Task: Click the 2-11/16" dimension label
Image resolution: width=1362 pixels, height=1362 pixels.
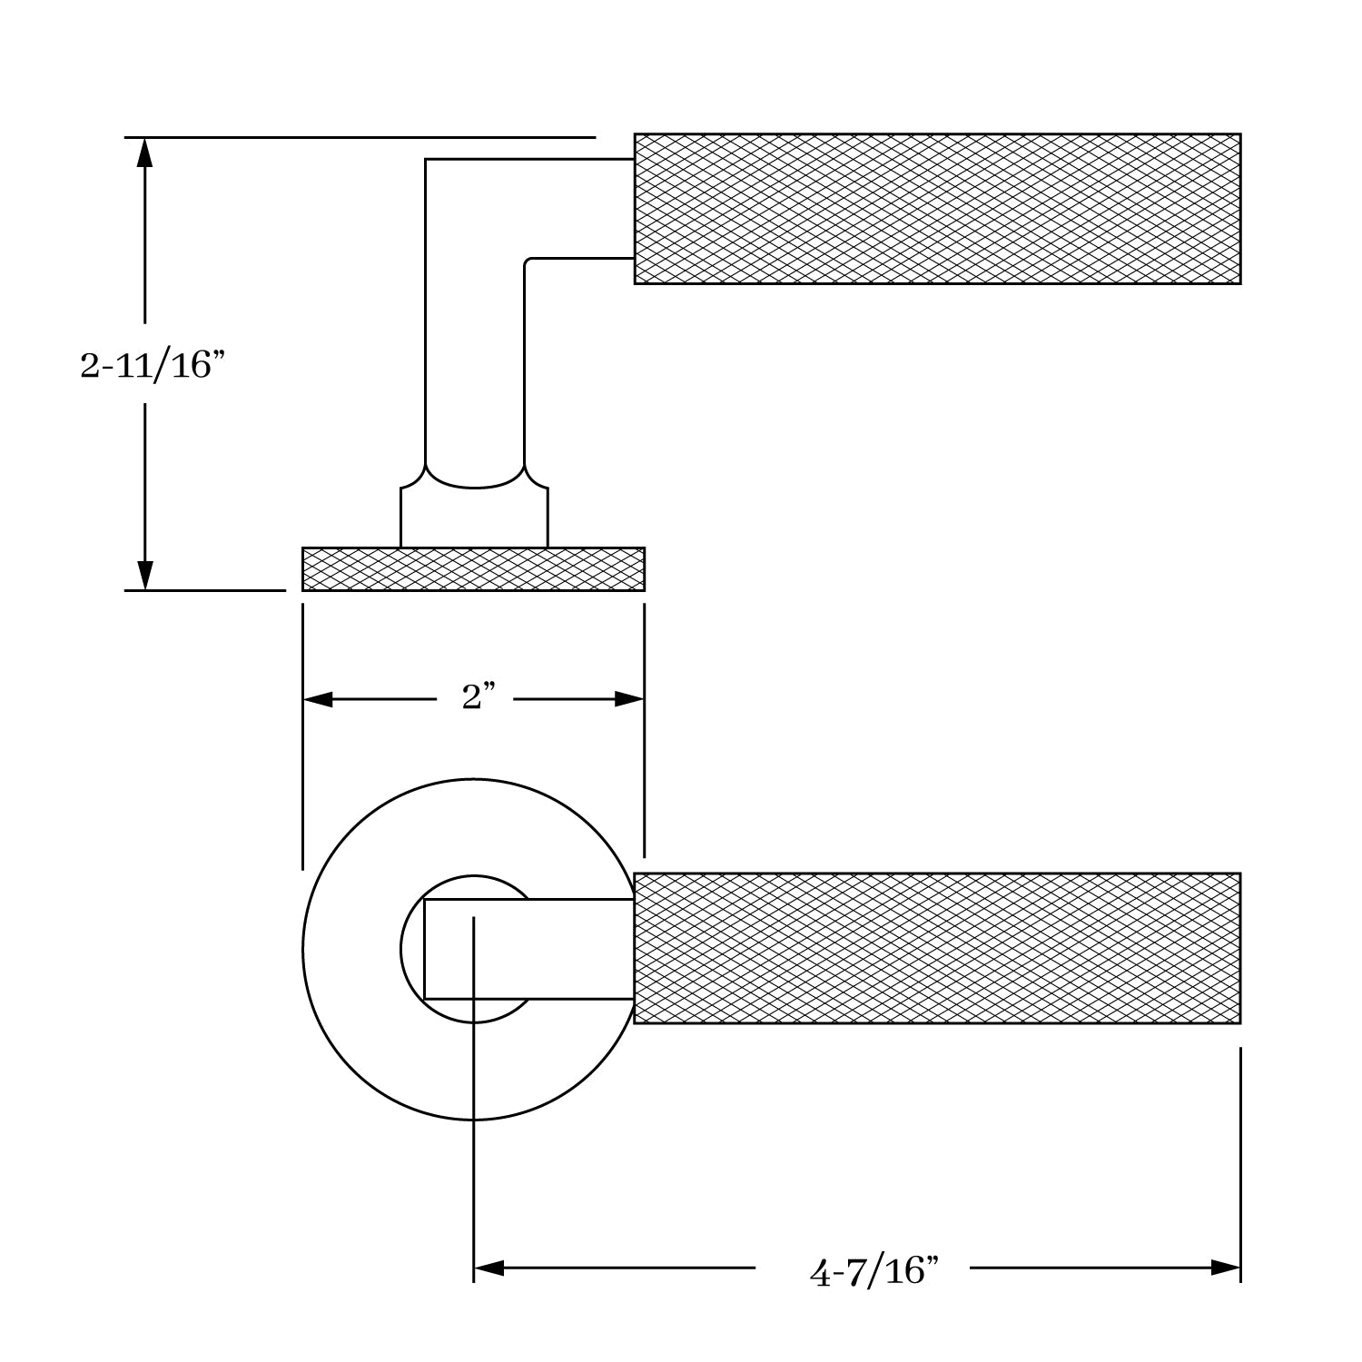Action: coord(151,365)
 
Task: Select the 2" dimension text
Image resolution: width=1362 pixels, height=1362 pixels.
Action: coord(478,697)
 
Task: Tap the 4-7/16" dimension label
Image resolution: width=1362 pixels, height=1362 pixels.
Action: coord(873,1270)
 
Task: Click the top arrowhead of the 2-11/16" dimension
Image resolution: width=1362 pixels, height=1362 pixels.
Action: coord(143,152)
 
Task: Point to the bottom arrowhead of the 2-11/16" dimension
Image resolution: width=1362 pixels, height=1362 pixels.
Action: coord(143,575)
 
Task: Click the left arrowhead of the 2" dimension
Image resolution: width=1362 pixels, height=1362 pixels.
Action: coord(318,699)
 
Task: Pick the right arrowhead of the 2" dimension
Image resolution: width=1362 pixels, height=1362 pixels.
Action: coord(629,699)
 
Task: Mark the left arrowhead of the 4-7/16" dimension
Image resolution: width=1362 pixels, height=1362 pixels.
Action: coord(489,1268)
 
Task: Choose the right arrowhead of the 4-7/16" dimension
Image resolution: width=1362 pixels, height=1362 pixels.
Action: coord(1226,1268)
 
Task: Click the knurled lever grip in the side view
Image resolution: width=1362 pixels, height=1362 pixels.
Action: coord(937,209)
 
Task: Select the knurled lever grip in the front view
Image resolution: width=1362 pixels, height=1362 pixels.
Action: coord(937,948)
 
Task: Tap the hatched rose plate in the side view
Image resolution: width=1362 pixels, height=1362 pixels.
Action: coord(473,569)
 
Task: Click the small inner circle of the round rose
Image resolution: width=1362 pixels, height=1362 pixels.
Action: coord(412,949)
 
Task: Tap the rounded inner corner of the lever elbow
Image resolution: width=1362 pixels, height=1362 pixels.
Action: coord(528,262)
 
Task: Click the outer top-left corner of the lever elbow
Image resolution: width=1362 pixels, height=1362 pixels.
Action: coord(427,161)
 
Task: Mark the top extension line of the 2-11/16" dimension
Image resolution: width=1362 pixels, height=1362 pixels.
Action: coord(363,137)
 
